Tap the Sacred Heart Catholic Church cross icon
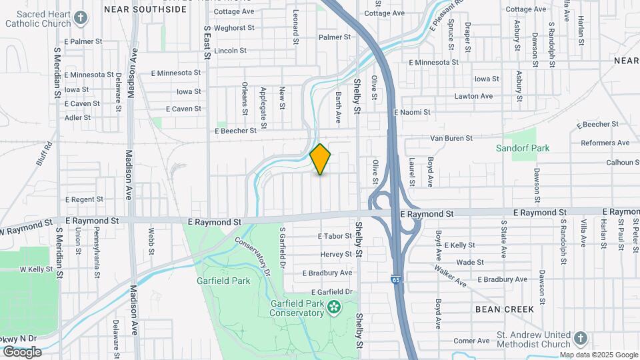81,17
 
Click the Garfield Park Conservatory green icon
334,307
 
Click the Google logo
22,351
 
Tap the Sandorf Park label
522,148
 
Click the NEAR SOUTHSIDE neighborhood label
145,9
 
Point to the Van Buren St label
451,138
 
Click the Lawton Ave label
473,96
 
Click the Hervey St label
335,254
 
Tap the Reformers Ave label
605,143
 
